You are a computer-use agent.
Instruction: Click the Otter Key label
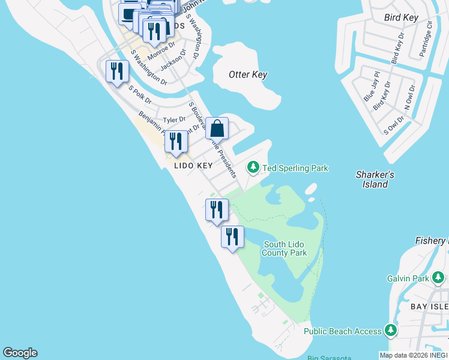click(248, 75)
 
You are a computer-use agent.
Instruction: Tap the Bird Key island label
click(401, 18)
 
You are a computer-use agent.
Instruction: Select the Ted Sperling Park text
click(295, 169)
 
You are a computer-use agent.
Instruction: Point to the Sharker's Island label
click(375, 179)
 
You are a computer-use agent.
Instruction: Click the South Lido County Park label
click(285, 248)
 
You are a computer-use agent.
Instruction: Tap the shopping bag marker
click(217, 128)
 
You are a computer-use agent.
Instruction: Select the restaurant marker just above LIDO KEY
click(176, 142)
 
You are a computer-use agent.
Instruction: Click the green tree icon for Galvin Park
click(439, 277)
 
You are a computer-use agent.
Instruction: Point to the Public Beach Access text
click(342, 331)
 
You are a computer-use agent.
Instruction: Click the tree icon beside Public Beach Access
click(391, 330)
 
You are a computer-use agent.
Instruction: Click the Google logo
click(20, 353)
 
